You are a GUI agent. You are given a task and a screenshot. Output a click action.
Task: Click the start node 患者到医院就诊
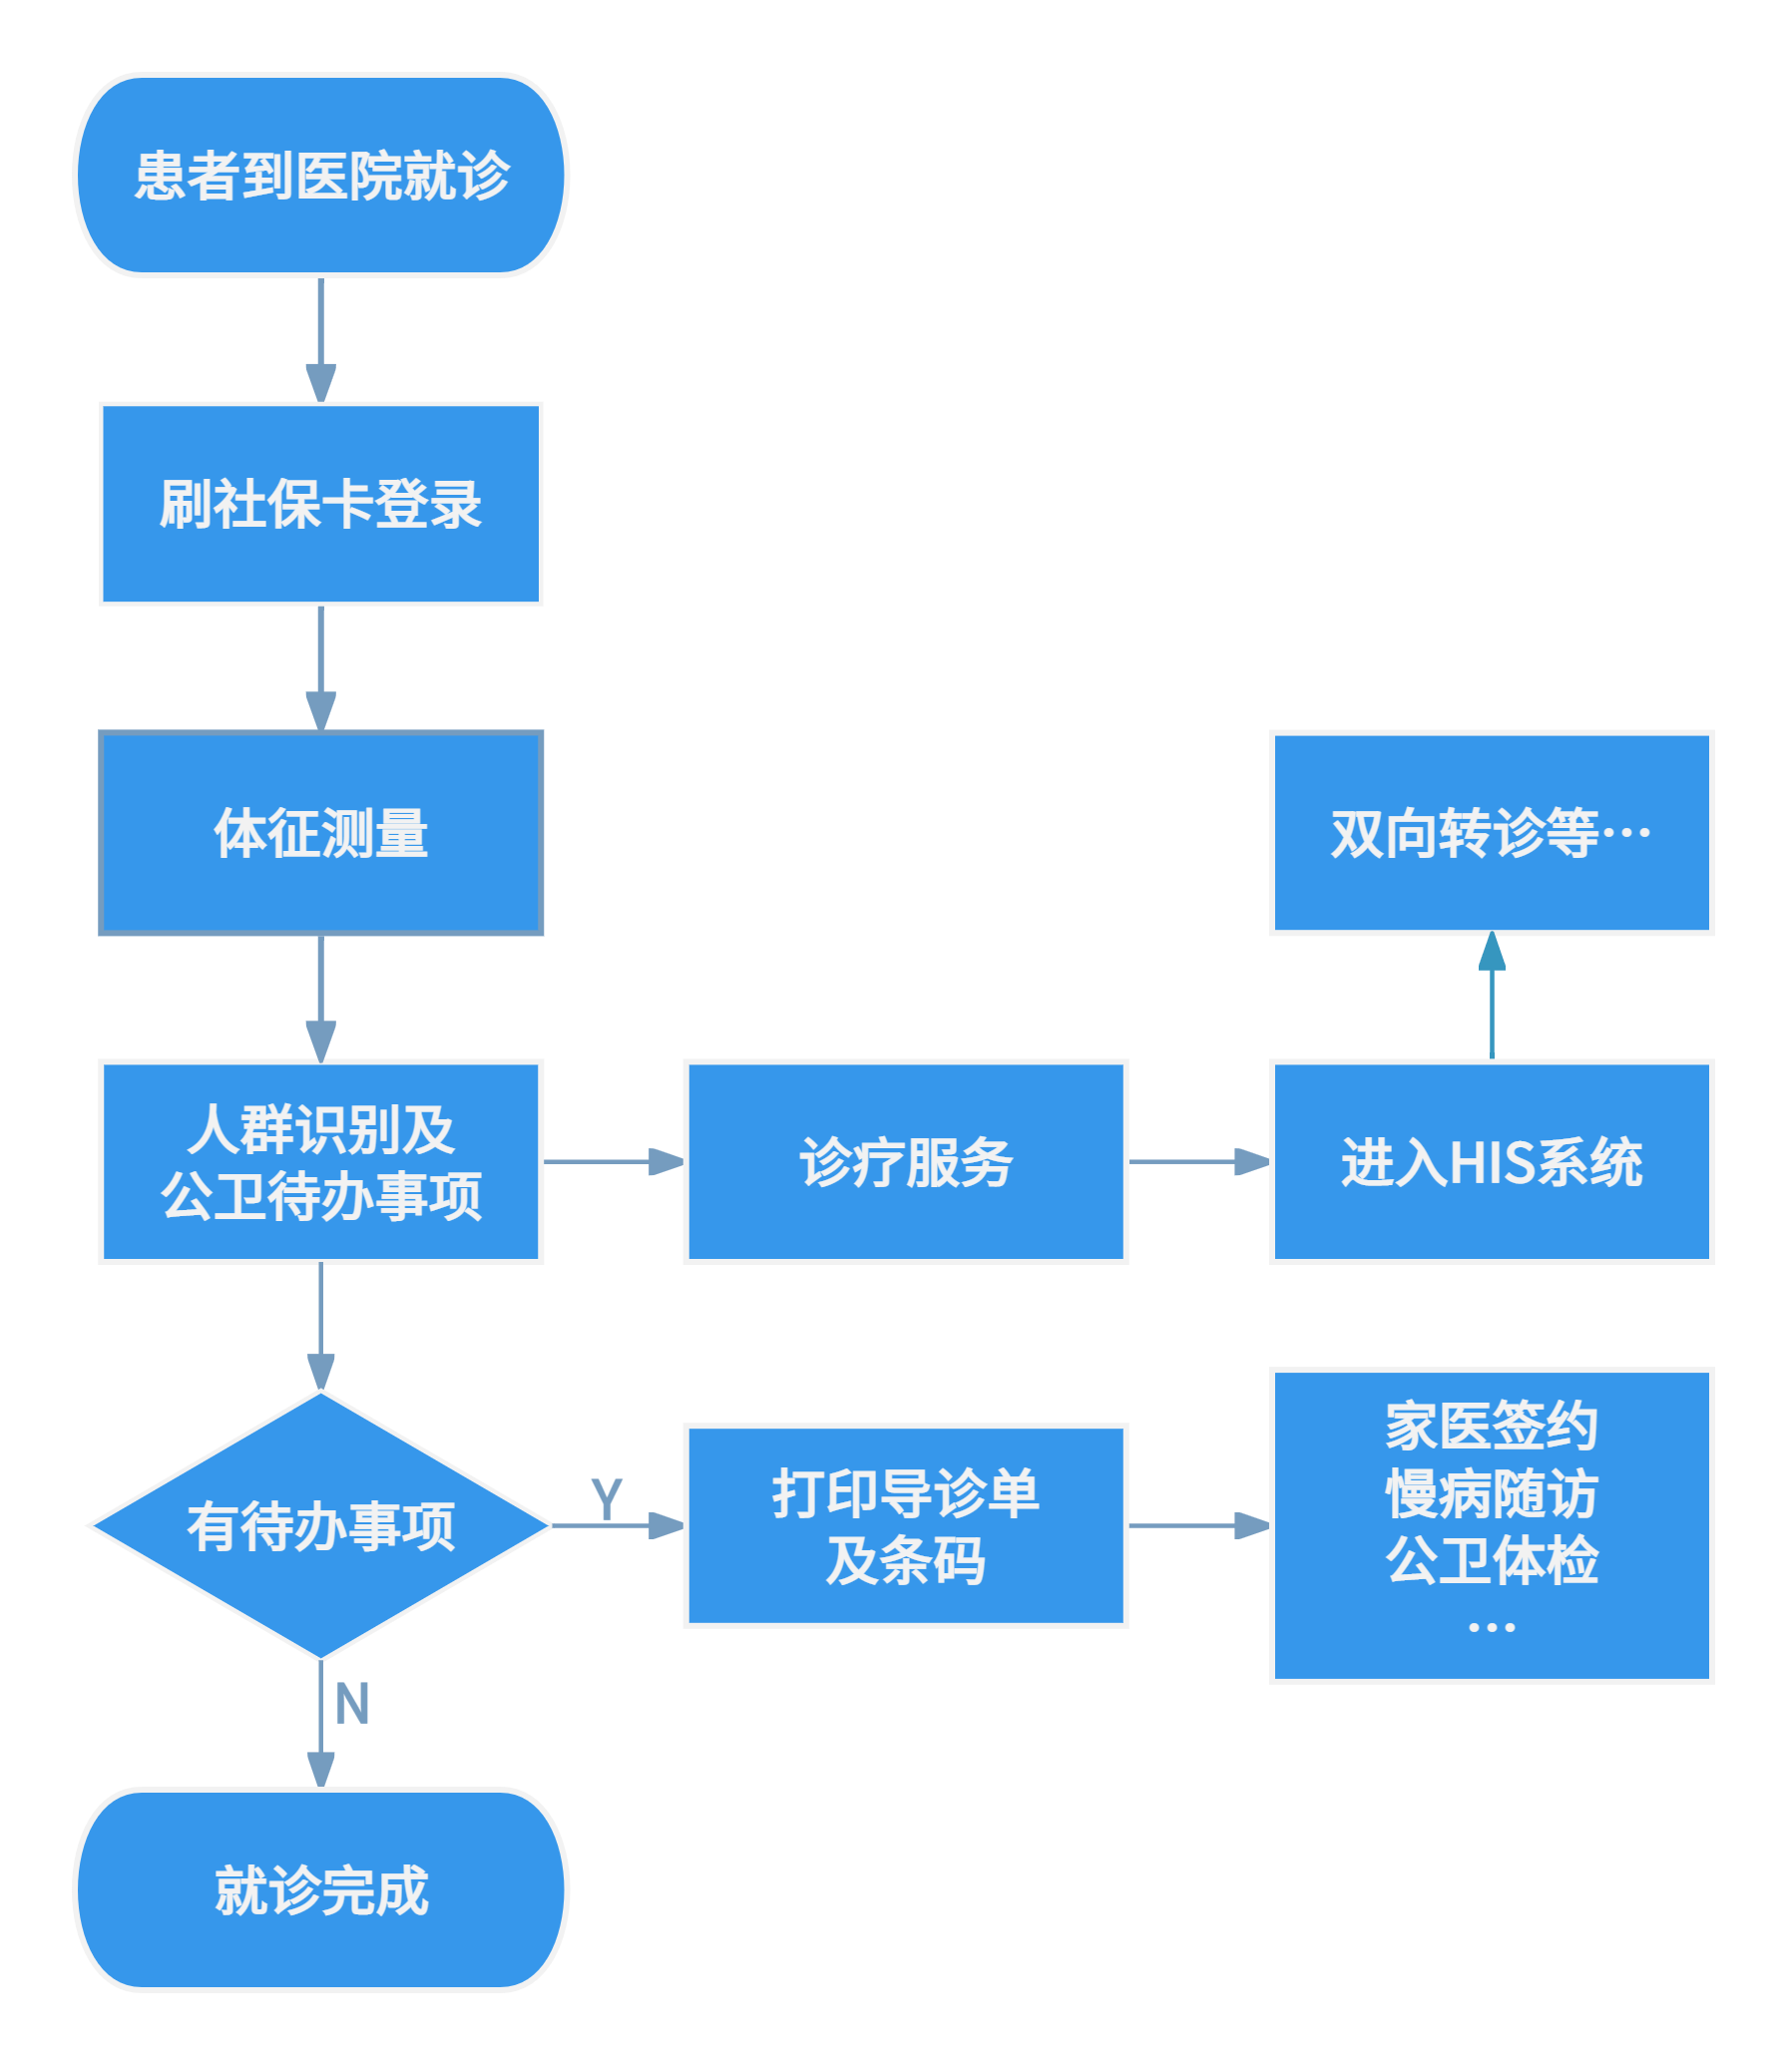(320, 175)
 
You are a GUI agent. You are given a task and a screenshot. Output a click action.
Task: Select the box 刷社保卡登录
(320, 504)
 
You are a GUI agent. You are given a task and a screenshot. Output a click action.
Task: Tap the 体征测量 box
(320, 833)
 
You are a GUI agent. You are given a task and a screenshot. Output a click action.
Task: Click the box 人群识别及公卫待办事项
(320, 1162)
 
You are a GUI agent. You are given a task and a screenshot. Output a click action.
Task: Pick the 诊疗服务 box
(905, 1162)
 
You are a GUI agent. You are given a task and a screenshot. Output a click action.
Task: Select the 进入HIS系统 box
(1492, 1162)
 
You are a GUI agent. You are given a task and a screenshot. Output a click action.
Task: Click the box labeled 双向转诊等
(1492, 833)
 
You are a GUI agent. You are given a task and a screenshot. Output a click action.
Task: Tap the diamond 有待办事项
(320, 1525)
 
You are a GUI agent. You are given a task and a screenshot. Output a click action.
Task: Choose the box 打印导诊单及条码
(905, 1525)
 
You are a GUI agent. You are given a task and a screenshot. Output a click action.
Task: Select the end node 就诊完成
(320, 1889)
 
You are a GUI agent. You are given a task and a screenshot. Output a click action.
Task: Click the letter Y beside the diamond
(607, 1498)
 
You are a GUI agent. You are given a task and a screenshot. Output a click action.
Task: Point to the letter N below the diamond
(352, 1704)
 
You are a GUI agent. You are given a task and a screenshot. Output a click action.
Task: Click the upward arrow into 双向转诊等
(1492, 998)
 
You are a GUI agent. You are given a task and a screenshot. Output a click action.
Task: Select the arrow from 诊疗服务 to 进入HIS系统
(1197, 1162)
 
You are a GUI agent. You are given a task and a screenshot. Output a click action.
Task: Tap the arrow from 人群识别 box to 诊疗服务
(614, 1162)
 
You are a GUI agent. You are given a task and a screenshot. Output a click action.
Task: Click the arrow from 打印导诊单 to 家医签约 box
(1197, 1525)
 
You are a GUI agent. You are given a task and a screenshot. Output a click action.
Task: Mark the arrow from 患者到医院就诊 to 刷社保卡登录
(320, 339)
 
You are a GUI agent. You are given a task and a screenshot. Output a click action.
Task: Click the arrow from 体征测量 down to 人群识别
(320, 998)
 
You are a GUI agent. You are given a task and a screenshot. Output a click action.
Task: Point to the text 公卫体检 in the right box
(1492, 1560)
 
